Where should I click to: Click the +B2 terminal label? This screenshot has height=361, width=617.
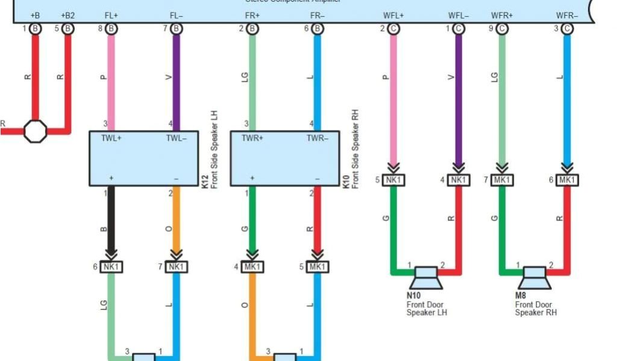[68, 15]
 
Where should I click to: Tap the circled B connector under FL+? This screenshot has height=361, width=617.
[111, 28]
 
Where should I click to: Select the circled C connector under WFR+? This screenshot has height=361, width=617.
[501, 28]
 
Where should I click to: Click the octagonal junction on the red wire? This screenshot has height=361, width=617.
[35, 131]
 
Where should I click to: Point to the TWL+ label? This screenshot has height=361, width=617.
[111, 137]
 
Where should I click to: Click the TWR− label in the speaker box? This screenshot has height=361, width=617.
[317, 137]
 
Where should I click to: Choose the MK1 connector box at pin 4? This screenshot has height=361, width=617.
[252, 266]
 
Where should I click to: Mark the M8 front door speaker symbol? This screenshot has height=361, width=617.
[534, 277]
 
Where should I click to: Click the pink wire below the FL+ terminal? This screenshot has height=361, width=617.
[111, 78]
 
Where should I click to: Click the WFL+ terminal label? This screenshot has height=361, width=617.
[393, 15]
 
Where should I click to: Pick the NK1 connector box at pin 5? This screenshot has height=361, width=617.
[393, 179]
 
